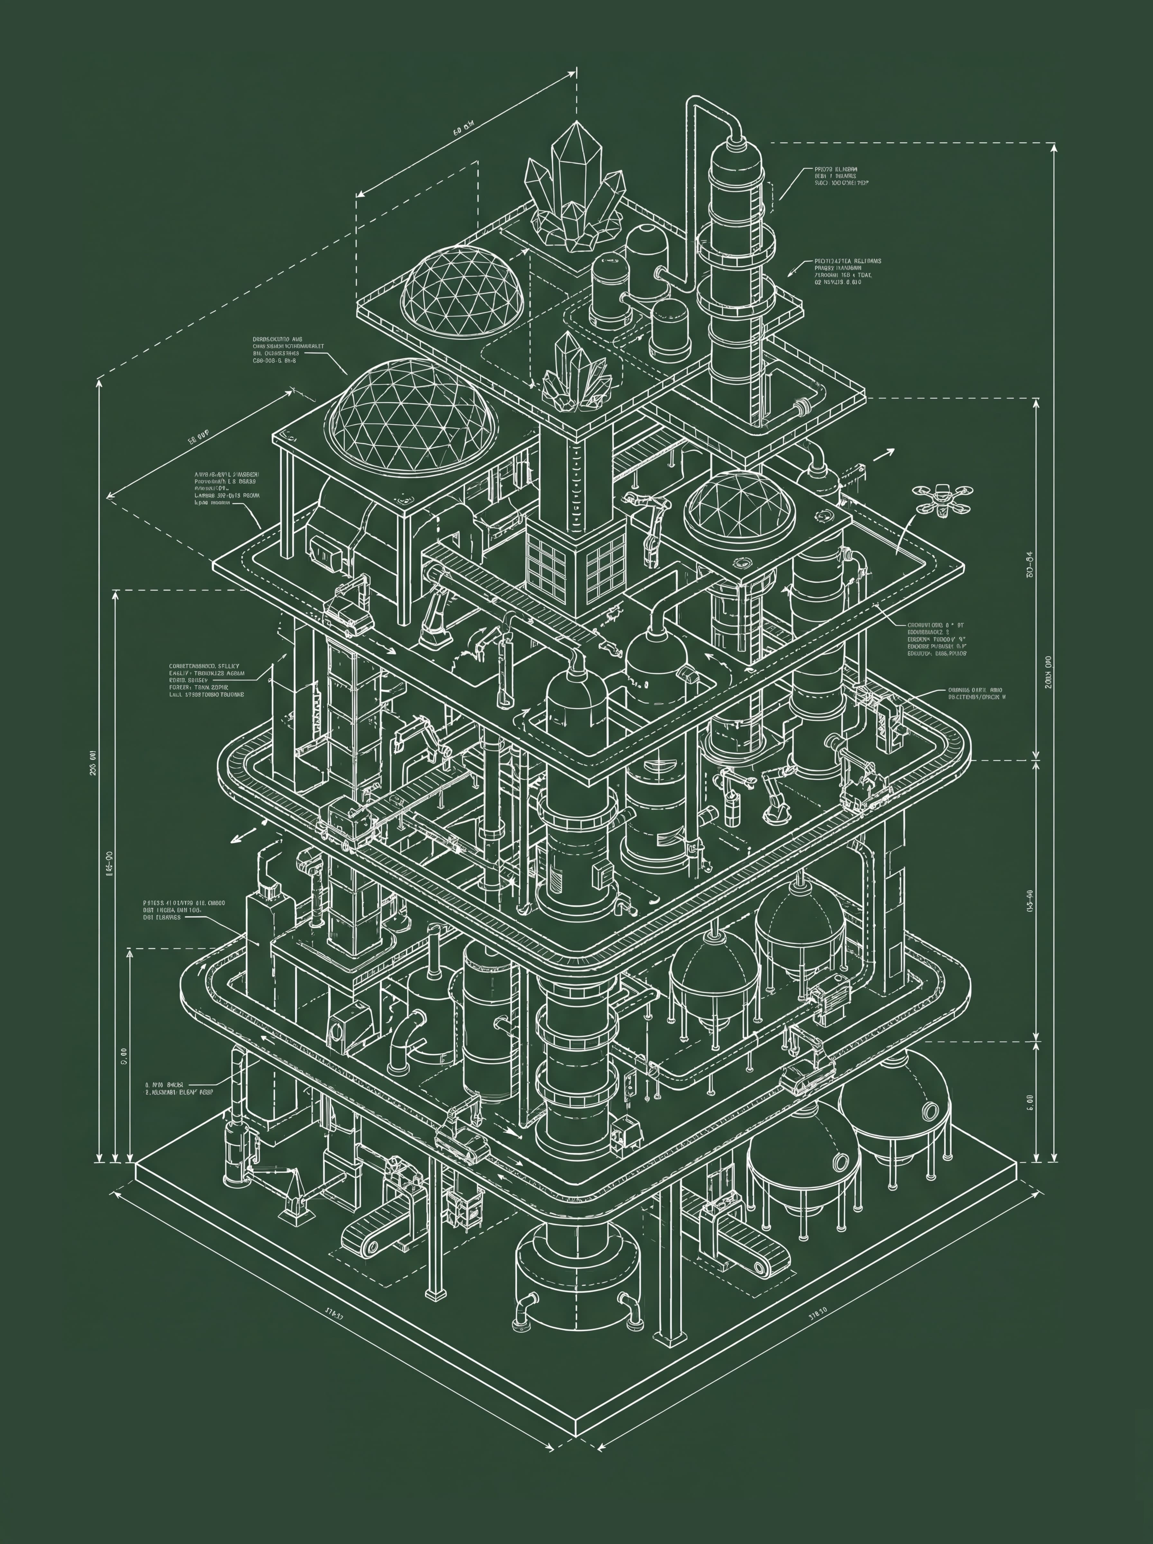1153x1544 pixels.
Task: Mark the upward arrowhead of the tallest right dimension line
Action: (1053, 146)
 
